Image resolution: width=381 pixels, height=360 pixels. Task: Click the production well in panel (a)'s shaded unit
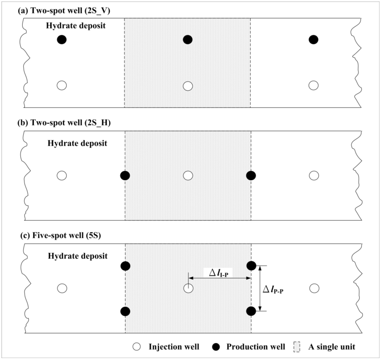click(x=188, y=39)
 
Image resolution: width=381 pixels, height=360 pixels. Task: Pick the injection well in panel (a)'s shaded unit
click(x=188, y=86)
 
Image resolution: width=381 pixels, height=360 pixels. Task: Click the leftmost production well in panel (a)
click(x=62, y=39)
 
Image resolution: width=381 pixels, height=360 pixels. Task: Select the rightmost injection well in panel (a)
click(x=314, y=85)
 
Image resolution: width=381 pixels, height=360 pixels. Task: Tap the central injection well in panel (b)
click(x=188, y=175)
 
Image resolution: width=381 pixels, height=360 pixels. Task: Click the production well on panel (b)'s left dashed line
click(x=125, y=175)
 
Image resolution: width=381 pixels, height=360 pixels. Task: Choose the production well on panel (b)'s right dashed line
click(x=251, y=175)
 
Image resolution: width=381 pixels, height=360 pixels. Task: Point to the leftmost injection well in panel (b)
click(x=62, y=175)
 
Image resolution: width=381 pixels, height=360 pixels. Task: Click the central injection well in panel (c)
click(x=188, y=288)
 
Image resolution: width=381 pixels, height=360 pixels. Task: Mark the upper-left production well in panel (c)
click(x=125, y=266)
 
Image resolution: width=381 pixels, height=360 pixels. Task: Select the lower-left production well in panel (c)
click(x=125, y=311)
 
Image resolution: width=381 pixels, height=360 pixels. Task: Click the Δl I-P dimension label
click(x=218, y=273)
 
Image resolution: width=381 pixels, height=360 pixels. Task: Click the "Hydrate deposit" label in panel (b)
click(x=77, y=143)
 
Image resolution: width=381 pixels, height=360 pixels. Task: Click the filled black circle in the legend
click(x=220, y=347)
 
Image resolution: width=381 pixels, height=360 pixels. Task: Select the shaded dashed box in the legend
click(x=297, y=347)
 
